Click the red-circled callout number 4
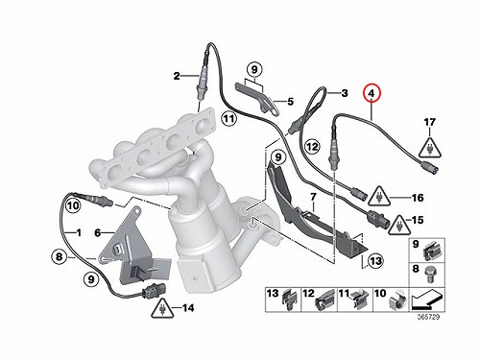pyautogui.click(x=372, y=93)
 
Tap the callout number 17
pyautogui.click(x=430, y=122)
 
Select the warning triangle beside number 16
pyautogui.click(x=379, y=196)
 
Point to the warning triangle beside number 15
pyautogui.click(x=399, y=224)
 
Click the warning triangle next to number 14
pyautogui.click(x=163, y=308)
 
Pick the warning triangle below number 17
pyautogui.click(x=430, y=148)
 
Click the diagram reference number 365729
pyautogui.click(x=428, y=317)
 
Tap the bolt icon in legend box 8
pyautogui.click(x=429, y=274)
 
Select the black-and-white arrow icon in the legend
pyautogui.click(x=426, y=300)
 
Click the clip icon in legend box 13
pyautogui.click(x=290, y=300)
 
